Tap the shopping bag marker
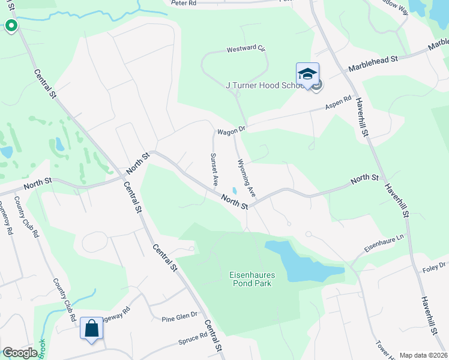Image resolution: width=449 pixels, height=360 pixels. coord(91,328)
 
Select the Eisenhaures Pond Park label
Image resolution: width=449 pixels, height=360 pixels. coord(250,279)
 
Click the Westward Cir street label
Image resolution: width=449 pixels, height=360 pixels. coord(246,50)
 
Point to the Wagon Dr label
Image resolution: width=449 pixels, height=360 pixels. coord(231,130)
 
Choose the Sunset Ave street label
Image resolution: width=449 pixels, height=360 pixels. coord(213,169)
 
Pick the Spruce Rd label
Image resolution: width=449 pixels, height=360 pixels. coord(193,342)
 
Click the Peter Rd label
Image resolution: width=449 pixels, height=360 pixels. coord(184,3)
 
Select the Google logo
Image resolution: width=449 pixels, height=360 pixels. coord(20,353)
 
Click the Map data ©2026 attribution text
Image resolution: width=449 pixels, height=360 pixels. coord(423,355)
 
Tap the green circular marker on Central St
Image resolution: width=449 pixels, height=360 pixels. coord(11,26)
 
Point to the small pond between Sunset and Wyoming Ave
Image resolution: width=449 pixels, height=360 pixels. coord(235,191)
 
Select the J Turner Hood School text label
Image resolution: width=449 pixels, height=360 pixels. coord(264,85)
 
